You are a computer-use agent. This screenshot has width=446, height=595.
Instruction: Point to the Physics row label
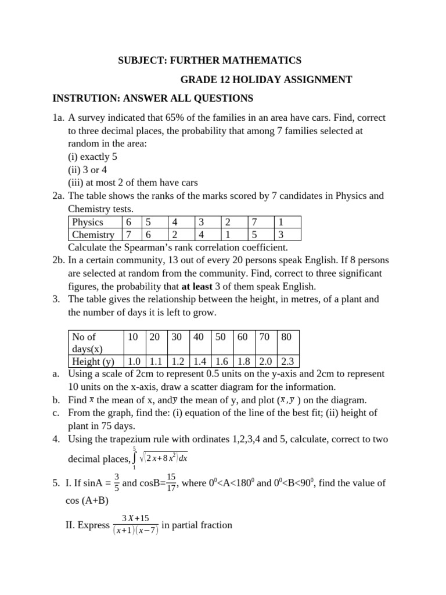88,222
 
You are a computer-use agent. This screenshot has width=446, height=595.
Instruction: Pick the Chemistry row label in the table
93,235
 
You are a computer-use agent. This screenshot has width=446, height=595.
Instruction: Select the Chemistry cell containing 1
228,235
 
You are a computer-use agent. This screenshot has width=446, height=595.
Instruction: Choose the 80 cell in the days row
286,336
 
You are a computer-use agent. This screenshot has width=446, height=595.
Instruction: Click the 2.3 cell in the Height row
287,361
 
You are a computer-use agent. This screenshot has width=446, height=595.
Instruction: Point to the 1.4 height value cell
199,361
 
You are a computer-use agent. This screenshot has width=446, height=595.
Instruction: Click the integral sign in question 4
135,458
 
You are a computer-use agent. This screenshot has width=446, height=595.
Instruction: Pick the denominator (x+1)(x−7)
135,531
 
